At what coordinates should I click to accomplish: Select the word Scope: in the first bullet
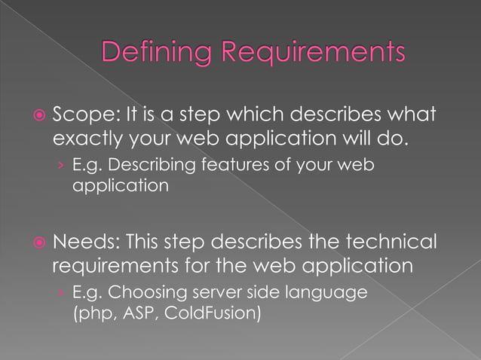tap(82, 117)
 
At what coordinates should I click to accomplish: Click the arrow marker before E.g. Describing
tap(60, 164)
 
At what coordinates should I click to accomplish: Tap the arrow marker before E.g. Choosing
tap(60, 291)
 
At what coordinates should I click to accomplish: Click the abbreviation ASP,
tap(142, 310)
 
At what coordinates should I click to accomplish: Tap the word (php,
tap(93, 310)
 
